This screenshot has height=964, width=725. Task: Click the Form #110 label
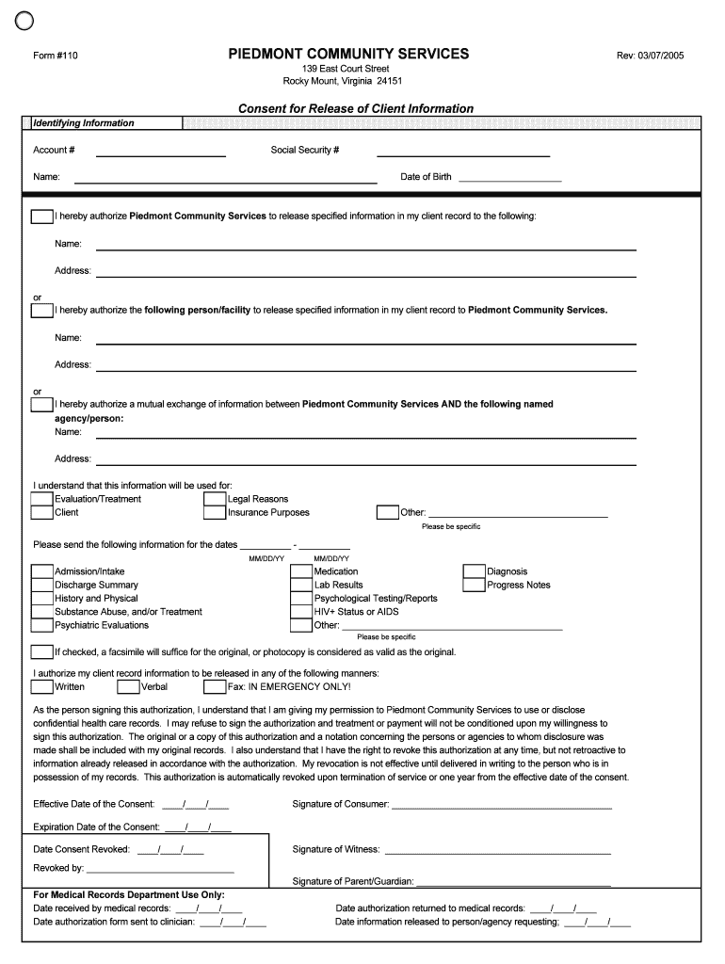56,56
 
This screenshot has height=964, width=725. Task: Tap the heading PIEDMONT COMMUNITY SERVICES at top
347,55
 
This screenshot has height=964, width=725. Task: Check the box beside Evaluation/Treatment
41,499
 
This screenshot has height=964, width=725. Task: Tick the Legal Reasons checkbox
215,499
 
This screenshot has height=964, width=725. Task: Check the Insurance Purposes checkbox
215,513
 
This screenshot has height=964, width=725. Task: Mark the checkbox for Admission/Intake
41,571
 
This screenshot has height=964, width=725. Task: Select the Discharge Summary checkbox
41,585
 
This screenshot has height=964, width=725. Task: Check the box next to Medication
301,571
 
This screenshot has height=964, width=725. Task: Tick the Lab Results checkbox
301,585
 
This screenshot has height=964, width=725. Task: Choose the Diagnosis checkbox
474,571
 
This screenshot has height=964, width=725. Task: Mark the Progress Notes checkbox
474,585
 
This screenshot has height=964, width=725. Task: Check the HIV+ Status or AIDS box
301,612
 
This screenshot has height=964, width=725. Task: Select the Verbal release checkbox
128,686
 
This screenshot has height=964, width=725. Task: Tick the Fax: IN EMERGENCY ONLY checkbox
215,686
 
